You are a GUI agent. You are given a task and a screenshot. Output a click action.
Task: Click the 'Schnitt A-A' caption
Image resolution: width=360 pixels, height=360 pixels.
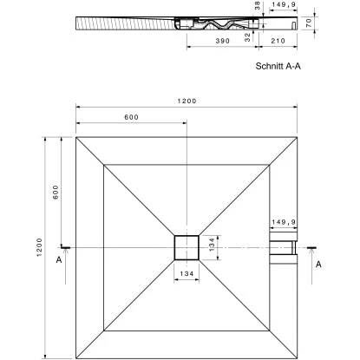[x=278, y=66]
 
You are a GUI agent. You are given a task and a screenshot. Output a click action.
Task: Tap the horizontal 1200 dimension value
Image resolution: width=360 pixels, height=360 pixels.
[x=187, y=101]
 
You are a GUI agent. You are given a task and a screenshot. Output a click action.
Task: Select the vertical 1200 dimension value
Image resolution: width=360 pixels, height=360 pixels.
[x=40, y=247]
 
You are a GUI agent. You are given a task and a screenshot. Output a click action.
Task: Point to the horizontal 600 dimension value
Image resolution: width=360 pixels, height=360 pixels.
[x=132, y=117]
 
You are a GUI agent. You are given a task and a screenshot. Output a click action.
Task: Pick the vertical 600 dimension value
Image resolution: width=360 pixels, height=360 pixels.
[x=56, y=192]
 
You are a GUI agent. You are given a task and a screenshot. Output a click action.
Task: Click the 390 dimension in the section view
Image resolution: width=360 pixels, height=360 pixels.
[x=223, y=41]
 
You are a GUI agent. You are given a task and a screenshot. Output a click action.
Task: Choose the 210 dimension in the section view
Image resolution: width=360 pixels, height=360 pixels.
[x=278, y=41]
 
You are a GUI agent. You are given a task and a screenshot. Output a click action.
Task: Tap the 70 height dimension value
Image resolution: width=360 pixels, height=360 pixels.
[x=309, y=22]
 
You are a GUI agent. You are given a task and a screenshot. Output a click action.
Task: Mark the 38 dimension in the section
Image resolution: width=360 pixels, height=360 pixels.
[x=258, y=5]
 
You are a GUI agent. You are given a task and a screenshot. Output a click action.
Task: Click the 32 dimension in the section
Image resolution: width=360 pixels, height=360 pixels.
[x=247, y=37]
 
